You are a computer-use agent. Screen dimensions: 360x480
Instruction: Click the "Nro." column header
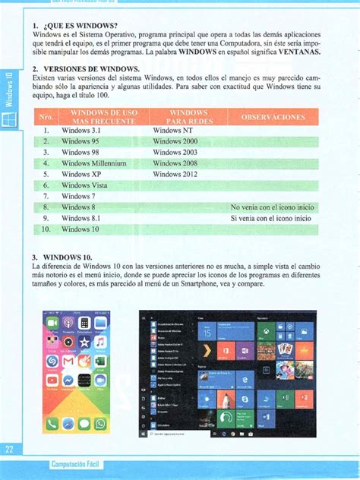pos(46,118)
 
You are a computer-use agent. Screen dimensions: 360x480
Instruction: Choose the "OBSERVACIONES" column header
pos(273,118)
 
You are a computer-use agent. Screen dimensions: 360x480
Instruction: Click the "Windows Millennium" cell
pos(93,163)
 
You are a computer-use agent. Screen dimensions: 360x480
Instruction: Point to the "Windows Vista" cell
pos(84,185)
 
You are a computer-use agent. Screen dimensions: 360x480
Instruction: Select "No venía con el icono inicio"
pos(271,207)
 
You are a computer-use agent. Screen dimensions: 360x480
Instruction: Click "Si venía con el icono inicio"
pos(270,218)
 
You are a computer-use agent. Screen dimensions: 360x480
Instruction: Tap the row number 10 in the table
pos(46,229)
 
